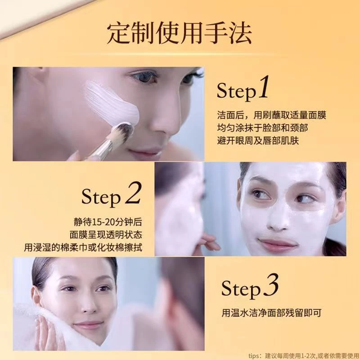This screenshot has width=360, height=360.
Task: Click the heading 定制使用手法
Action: pyautogui.click(x=179, y=33)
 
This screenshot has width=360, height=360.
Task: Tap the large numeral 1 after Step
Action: pyautogui.click(x=264, y=87)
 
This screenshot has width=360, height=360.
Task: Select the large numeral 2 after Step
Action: pyautogui.click(x=133, y=193)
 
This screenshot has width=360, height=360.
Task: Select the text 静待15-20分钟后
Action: pyautogui.click(x=108, y=222)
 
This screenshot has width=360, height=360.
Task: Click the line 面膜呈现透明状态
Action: pyautogui.click(x=106, y=234)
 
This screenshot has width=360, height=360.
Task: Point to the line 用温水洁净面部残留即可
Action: pyautogui.click(x=271, y=313)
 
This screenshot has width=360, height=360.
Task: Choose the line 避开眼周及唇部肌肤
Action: pyautogui.click(x=258, y=140)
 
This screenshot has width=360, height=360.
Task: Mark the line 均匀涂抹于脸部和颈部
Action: pyautogui.click(x=262, y=128)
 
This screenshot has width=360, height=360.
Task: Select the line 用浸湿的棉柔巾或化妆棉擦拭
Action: pyautogui.click(x=83, y=247)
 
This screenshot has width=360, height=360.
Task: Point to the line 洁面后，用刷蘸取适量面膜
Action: pyautogui.click(x=272, y=115)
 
